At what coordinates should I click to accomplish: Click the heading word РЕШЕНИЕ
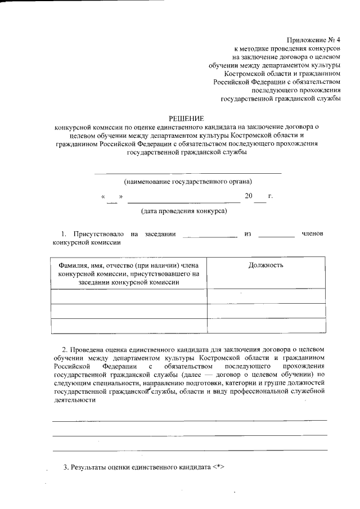click(187, 118)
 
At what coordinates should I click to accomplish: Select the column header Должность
click(265, 265)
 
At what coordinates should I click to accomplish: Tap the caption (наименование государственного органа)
click(188, 182)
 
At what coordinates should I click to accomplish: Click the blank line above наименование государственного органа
click(188, 172)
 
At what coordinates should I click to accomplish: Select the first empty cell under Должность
click(265, 296)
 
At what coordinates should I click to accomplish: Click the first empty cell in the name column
click(129, 296)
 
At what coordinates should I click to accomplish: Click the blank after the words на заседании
click(210, 236)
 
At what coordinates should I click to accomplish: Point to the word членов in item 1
click(313, 233)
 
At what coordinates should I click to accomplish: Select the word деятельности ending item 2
click(73, 400)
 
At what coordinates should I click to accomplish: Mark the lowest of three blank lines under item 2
click(190, 451)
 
